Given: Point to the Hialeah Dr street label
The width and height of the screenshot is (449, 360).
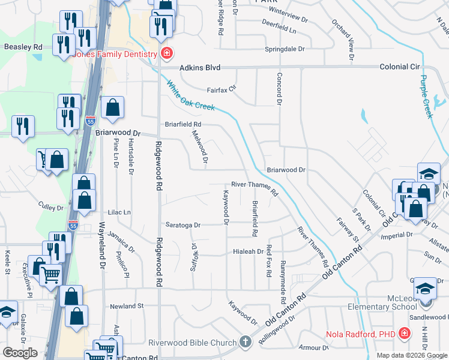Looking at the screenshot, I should [248, 251].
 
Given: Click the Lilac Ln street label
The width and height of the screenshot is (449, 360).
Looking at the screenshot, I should [119, 212].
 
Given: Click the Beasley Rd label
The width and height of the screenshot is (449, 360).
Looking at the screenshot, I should [23, 46].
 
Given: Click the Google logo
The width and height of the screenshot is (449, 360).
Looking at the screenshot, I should [20, 353].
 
